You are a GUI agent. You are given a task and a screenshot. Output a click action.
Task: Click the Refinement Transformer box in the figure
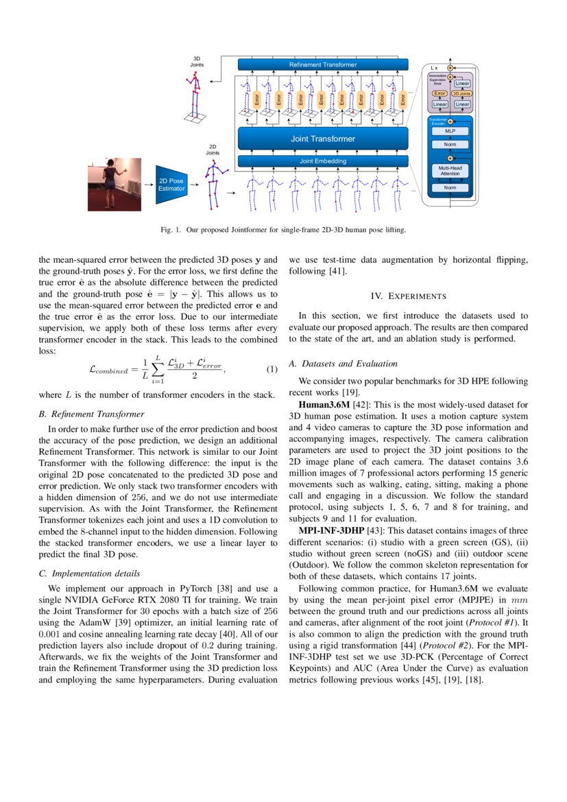click(x=322, y=64)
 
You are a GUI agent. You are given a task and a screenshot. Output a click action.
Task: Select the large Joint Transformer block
click(x=322, y=139)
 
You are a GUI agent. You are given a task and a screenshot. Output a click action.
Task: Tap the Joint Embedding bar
click(x=322, y=161)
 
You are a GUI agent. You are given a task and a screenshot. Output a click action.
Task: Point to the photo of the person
click(x=113, y=185)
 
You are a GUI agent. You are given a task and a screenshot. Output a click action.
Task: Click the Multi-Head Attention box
click(x=450, y=170)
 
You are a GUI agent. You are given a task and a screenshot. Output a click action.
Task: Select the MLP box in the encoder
click(x=450, y=130)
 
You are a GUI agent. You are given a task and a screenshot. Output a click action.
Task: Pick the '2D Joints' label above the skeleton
click(x=214, y=150)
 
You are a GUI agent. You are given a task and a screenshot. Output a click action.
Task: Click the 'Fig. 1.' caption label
click(x=171, y=230)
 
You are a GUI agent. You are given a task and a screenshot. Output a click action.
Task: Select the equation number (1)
click(x=272, y=370)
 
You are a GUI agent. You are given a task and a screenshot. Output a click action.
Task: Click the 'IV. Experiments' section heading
click(x=409, y=296)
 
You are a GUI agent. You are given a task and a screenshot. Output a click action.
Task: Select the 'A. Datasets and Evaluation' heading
click(x=343, y=363)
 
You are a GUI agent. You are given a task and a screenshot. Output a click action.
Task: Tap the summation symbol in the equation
click(x=156, y=370)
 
